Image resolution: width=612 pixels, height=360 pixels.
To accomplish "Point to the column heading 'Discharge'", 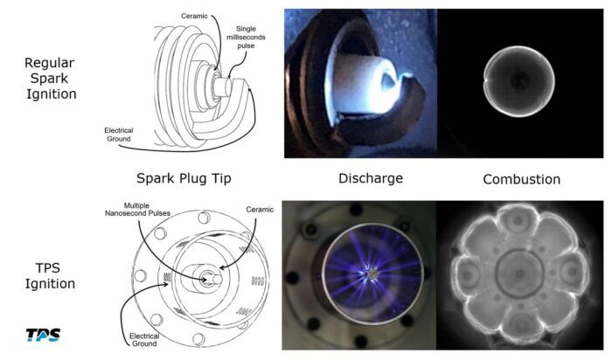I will point(371,178).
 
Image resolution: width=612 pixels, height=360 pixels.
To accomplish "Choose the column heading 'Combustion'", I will point(521,179).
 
